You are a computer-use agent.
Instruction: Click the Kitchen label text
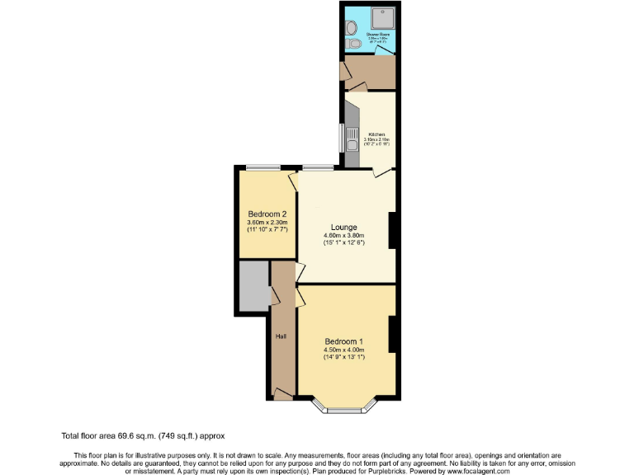377,134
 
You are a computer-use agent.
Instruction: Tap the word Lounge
343,227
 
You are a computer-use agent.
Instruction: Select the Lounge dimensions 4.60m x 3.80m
343,236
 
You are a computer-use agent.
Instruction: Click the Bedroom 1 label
343,341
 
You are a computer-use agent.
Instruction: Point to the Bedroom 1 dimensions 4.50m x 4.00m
343,350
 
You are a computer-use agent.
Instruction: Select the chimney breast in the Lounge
393,230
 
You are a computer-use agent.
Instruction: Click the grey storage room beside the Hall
253,285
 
